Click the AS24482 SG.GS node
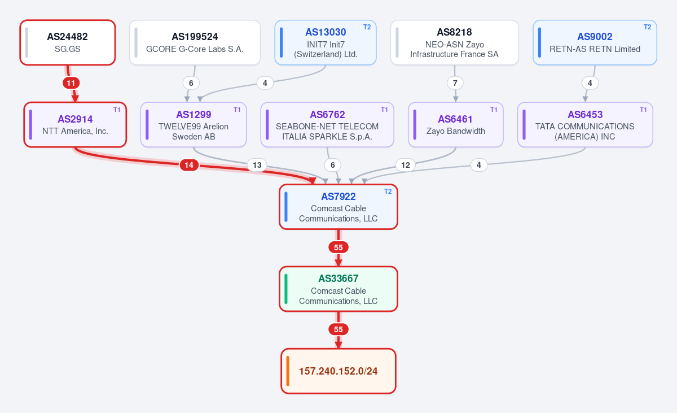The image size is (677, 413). click(68, 42)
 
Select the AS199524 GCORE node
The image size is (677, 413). click(195, 42)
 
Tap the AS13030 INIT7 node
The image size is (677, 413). click(326, 42)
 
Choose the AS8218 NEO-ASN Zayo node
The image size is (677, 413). click(455, 42)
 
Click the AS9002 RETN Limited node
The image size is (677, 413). click(595, 42)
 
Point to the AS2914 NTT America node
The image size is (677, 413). click(75, 125)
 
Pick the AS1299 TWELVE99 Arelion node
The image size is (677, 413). click(194, 125)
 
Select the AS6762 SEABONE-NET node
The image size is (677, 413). click(327, 125)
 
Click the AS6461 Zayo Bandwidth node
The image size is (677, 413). click(456, 125)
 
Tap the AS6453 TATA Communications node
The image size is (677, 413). click(585, 125)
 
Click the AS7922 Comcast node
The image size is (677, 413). click(338, 207)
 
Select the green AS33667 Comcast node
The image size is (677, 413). click(338, 289)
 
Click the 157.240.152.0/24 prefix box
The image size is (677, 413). click(338, 371)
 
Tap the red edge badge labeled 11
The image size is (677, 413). click(71, 83)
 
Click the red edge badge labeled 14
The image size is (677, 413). click(189, 165)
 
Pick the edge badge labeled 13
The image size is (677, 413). click(257, 165)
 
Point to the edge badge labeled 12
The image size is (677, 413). click(405, 165)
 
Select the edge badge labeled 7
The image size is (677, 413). click(455, 83)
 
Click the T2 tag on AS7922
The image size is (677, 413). click(388, 191)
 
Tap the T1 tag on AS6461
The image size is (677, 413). click(494, 109)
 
